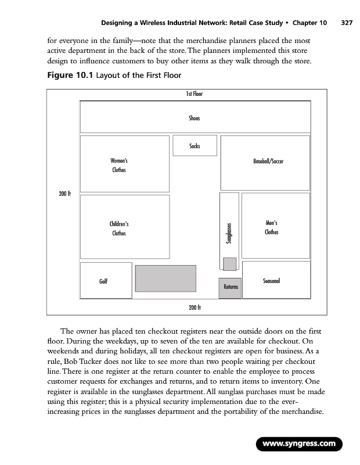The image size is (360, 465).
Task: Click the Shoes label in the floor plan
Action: (194, 118)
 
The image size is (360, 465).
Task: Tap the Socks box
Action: (195, 145)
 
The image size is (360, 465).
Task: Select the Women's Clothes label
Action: (118, 165)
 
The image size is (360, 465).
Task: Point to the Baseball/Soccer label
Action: (268, 160)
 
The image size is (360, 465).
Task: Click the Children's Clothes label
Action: (118, 228)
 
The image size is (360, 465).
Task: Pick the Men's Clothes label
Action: (271, 228)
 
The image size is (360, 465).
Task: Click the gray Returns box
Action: (231, 287)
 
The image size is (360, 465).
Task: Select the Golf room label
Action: (103, 281)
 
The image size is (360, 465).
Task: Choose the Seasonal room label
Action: (271, 281)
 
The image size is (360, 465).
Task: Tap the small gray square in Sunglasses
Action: (230, 263)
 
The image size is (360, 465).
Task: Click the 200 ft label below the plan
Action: (195, 307)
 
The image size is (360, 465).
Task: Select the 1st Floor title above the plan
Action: (194, 94)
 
